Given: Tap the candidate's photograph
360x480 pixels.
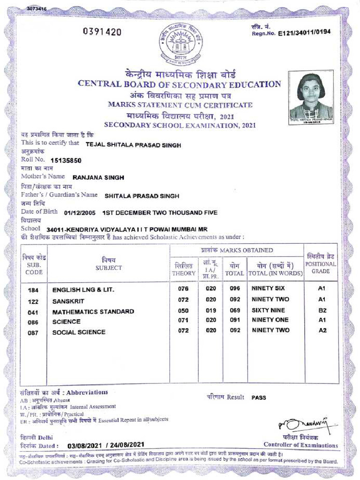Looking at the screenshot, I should [x=311, y=96].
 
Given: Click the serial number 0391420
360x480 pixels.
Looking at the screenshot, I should [x=102, y=32].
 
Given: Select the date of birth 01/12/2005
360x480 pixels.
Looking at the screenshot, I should [x=80, y=212].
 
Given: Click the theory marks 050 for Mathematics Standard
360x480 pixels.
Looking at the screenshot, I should [x=183, y=311].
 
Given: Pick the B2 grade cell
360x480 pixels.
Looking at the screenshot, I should [x=322, y=311].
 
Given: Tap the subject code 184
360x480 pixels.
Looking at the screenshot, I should [x=34, y=290].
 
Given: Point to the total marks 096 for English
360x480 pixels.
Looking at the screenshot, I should [x=235, y=288].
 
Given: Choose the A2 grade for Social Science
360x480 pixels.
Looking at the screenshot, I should [x=322, y=330].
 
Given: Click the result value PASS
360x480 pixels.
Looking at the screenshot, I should [x=259, y=397].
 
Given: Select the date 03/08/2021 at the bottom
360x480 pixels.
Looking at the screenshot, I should [x=86, y=445].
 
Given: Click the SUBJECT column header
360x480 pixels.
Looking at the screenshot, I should [x=108, y=268].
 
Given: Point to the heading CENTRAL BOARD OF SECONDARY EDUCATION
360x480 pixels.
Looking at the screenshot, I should [x=179, y=84].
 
